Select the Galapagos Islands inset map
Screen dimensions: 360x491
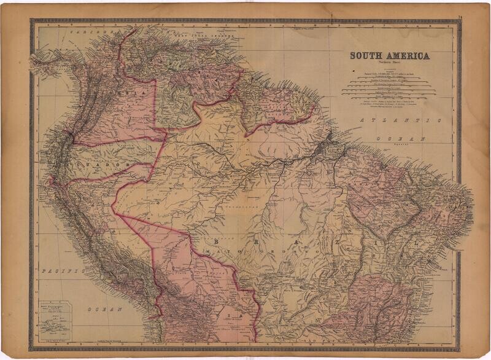[54, 319]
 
